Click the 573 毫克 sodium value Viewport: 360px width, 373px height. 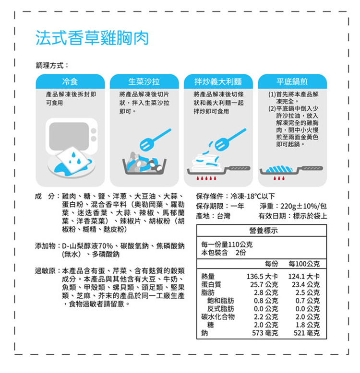click(265, 333)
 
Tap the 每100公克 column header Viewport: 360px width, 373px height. click(305, 264)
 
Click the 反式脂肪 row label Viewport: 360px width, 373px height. click(220, 308)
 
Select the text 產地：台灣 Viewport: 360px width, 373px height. click(213, 216)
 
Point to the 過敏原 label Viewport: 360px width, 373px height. click(46, 271)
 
